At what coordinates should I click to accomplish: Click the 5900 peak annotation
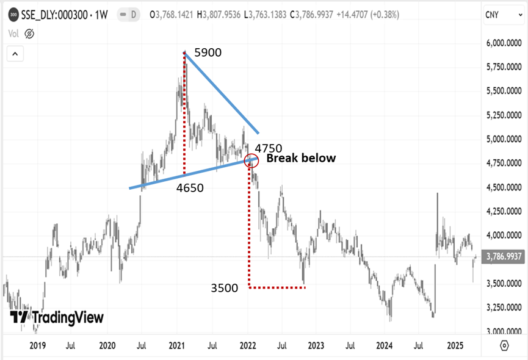[207, 53]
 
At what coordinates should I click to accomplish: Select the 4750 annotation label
[268, 148]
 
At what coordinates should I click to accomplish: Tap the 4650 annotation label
[190, 189]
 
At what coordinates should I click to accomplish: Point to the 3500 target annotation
[225, 288]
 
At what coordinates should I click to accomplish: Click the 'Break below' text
[300, 159]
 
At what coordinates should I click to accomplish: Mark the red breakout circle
[251, 161]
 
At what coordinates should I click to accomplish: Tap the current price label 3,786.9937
[504, 257]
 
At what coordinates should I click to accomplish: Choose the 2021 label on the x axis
[177, 345]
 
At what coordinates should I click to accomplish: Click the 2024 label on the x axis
[385, 345]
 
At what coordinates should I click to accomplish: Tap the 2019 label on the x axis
[38, 345]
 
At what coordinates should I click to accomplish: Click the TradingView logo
[57, 318]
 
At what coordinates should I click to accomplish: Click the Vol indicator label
[13, 34]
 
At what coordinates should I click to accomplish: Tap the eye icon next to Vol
[29, 34]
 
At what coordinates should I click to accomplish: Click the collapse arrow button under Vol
[15, 54]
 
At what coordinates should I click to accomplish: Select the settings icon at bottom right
[504, 345]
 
